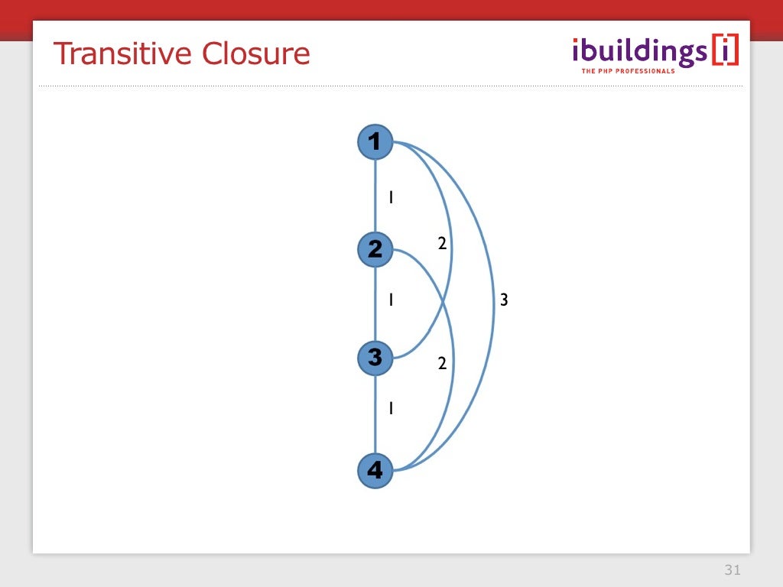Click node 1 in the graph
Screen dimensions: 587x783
click(375, 142)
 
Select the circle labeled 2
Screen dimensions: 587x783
click(375, 249)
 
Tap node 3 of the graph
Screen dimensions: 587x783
click(375, 358)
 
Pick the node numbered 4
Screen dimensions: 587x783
click(375, 470)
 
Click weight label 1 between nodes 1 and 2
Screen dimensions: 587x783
click(391, 197)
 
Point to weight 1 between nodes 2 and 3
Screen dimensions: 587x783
click(391, 300)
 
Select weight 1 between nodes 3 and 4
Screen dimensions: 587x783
click(391, 408)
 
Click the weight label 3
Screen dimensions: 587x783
click(504, 300)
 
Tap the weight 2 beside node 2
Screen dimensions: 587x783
click(442, 244)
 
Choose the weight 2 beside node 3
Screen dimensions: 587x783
click(442, 364)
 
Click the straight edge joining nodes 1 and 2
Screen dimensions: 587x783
click(375, 196)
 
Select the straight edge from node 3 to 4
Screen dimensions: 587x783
click(375, 413)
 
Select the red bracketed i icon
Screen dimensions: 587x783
click(725, 50)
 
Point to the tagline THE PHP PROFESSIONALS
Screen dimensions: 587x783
click(628, 71)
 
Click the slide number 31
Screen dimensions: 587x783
click(733, 570)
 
